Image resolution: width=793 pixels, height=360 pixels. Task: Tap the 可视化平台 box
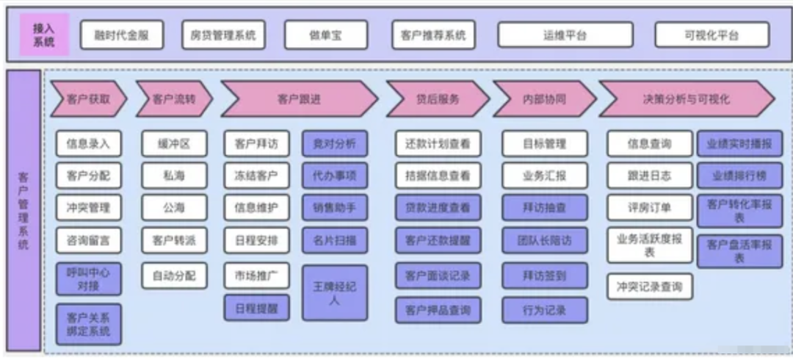tap(711, 35)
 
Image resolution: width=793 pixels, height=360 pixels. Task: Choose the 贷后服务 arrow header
tap(435, 99)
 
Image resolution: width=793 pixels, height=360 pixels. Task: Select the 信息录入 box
tap(88, 144)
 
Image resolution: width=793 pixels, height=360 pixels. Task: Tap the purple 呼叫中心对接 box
tap(88, 280)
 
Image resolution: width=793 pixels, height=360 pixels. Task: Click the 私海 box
tap(175, 176)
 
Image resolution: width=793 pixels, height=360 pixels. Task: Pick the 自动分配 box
tap(175, 276)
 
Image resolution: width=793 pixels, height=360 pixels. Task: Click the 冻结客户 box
tap(256, 176)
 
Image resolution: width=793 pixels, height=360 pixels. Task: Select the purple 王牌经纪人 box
tap(334, 292)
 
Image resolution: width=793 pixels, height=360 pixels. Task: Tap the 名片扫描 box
tap(334, 240)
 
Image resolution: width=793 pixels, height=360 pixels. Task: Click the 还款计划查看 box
tap(438, 144)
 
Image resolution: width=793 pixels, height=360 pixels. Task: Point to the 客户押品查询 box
tap(438, 310)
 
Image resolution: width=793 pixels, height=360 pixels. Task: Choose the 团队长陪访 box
tap(545, 240)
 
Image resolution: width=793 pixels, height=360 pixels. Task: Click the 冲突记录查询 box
tap(649, 287)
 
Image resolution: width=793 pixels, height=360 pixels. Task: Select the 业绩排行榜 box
tap(739, 176)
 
